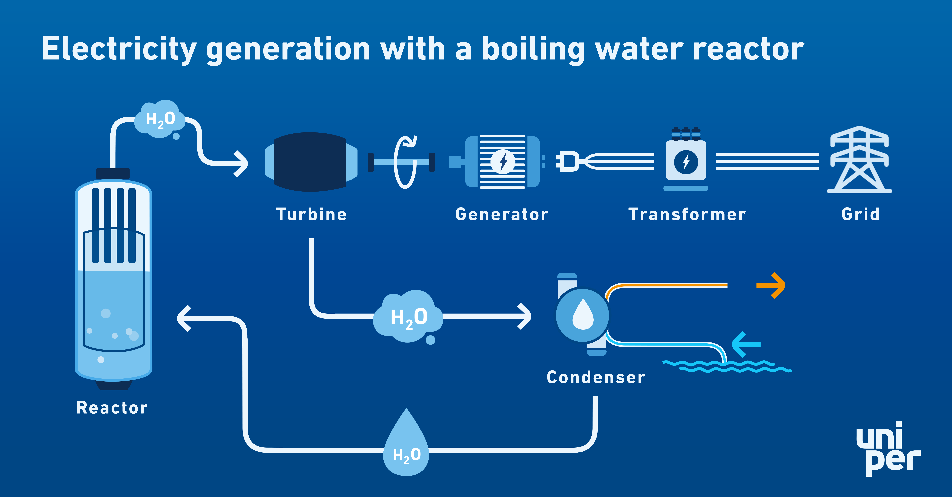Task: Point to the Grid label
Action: [x=860, y=214]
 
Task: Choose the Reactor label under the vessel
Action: [x=112, y=408]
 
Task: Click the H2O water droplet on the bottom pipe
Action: [x=407, y=445]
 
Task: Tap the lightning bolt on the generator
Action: [x=503, y=162]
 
